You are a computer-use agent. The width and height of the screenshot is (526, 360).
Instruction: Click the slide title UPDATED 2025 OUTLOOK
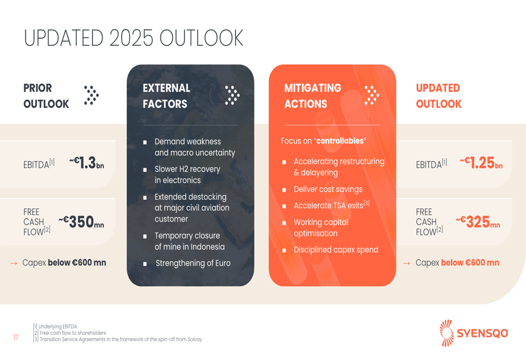coord(134,38)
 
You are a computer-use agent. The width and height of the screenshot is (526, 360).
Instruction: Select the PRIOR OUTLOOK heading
coord(46,96)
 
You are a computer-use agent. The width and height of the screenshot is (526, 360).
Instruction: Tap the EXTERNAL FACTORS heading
coord(167,96)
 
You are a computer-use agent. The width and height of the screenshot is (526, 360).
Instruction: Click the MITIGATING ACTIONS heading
coord(312,96)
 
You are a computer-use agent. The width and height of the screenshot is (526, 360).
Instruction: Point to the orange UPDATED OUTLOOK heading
coord(438,96)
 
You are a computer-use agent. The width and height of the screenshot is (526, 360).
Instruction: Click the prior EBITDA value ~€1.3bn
coord(87,163)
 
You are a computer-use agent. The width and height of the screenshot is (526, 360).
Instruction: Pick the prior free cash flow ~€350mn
coord(81,222)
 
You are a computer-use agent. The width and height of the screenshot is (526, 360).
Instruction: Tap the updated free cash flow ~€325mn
coord(478,222)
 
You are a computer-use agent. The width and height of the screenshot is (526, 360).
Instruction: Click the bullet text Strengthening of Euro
coord(193,263)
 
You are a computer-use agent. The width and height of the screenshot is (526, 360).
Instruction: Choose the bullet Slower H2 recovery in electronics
coord(187,174)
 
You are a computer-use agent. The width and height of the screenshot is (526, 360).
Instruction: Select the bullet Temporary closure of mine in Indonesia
coord(189,241)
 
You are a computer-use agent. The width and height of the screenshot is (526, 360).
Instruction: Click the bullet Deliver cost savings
coord(328,189)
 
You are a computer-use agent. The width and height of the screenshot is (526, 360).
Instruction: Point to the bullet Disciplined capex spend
coord(336,250)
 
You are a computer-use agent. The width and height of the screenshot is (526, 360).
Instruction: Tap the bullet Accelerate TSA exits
coord(331,205)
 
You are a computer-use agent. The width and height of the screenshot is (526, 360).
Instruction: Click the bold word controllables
coord(340,141)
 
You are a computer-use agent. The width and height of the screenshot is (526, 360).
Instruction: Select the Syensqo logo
coord(473,333)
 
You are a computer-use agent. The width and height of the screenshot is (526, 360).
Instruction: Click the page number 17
coord(16,337)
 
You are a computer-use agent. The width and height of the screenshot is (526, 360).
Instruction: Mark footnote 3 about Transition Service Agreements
coord(117,340)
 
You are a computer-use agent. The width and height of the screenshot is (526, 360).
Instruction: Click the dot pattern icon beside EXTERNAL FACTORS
coord(232,95)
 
